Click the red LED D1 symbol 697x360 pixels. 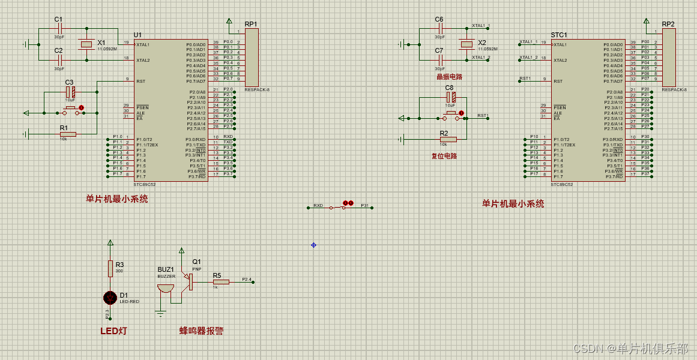tap(110, 298)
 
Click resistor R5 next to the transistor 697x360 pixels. tap(221, 281)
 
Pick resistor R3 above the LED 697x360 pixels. tap(110, 269)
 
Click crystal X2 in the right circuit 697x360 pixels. tap(466, 44)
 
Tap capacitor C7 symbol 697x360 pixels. tap(441, 59)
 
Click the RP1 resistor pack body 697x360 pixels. tap(252, 58)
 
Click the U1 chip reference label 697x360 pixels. tap(137, 35)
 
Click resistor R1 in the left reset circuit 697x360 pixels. tap(68, 134)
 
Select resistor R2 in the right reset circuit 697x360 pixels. tap(448, 139)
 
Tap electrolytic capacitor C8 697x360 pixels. tap(452, 97)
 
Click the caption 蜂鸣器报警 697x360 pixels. tap(202, 331)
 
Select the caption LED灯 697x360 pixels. tap(113, 331)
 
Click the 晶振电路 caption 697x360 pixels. tap(449, 77)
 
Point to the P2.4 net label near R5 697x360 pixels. tap(247, 279)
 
